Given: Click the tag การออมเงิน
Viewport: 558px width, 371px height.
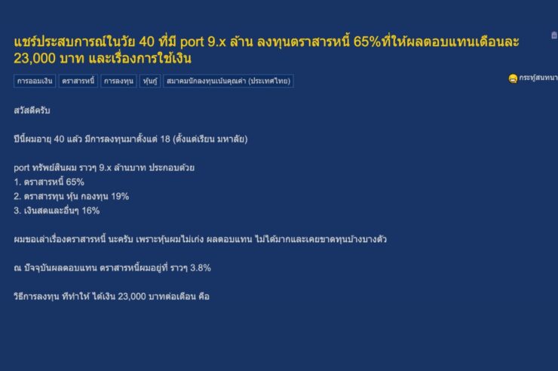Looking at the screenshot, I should tap(35, 80).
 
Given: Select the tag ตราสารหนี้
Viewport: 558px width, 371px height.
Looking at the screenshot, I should tap(78, 80).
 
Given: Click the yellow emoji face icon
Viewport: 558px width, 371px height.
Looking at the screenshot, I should tap(512, 78).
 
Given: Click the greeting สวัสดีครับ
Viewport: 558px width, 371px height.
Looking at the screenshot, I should tap(32, 110).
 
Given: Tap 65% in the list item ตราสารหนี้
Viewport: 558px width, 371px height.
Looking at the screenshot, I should tap(75, 182).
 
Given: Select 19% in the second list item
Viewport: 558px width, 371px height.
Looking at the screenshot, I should tap(119, 196).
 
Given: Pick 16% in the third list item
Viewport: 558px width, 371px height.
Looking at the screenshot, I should tap(90, 210).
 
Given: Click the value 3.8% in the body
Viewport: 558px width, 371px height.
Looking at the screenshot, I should tap(198, 268).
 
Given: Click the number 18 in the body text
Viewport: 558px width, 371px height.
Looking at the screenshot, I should tap(161, 139).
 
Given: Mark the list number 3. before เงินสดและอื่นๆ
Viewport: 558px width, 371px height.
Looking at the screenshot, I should tap(17, 210).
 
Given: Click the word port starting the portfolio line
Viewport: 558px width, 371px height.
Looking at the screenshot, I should tap(22, 167).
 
